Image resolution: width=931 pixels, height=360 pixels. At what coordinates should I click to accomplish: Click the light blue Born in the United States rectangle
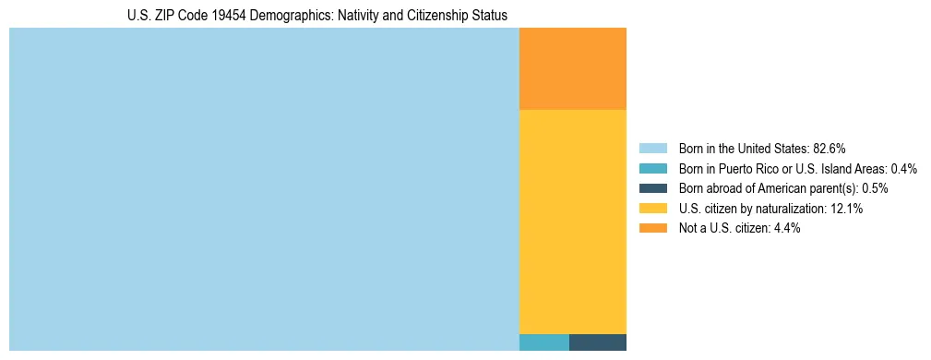click(x=264, y=189)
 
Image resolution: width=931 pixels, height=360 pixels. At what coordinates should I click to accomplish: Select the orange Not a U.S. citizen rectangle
click(x=573, y=69)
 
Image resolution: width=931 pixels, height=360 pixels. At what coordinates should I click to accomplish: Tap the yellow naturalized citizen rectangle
click(x=573, y=222)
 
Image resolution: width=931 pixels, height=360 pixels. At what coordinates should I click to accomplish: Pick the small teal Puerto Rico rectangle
click(x=544, y=342)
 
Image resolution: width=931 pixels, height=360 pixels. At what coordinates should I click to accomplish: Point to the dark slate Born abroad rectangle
click(x=598, y=342)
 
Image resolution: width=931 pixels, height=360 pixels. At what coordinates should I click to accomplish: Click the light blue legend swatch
click(x=652, y=149)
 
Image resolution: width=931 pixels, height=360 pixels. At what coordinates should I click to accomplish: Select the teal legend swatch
click(x=652, y=169)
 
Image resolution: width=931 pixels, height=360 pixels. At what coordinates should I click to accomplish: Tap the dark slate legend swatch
click(x=652, y=188)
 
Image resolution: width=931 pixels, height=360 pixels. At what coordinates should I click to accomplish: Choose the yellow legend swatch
click(x=652, y=209)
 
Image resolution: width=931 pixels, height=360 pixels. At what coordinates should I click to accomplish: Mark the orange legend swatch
click(x=652, y=228)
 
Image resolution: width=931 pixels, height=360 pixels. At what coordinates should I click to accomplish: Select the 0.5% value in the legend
click(x=875, y=188)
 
